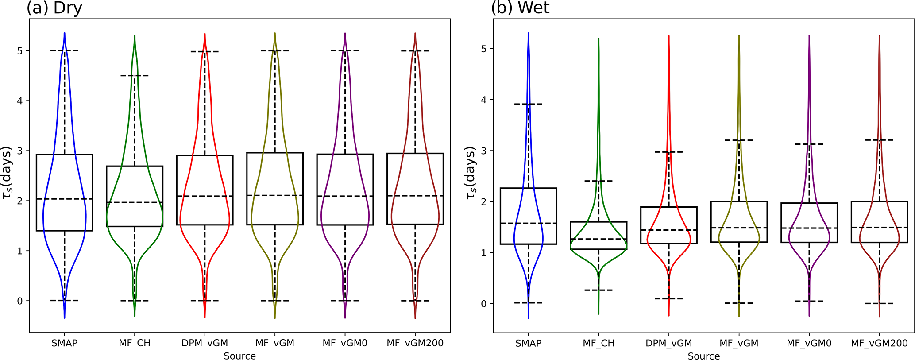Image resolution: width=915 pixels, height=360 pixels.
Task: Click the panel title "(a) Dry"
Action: pyautogui.click(x=54, y=8)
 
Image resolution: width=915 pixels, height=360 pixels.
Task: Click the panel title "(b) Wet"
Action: pyautogui.click(x=520, y=8)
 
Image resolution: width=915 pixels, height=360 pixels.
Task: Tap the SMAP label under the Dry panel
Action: pyautogui.click(x=65, y=343)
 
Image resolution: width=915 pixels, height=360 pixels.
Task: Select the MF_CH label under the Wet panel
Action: pyautogui.click(x=598, y=343)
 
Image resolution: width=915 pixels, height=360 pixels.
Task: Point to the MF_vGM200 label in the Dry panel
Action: pyautogui.click(x=415, y=343)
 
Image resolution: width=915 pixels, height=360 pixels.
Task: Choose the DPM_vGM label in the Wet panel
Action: pyautogui.click(x=668, y=343)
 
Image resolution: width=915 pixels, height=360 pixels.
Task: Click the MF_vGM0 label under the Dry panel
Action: pyautogui.click(x=345, y=343)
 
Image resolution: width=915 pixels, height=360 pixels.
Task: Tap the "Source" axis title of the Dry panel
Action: pyautogui.click(x=239, y=356)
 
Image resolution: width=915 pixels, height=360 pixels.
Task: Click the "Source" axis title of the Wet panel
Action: pyautogui.click(x=703, y=356)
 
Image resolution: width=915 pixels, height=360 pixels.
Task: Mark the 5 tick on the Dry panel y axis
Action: pyautogui.click(x=20, y=51)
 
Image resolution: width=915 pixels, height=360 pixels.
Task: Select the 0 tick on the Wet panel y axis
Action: pyautogui.click(x=484, y=304)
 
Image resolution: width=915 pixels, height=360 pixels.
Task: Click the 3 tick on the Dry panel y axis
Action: pyautogui.click(x=20, y=151)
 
